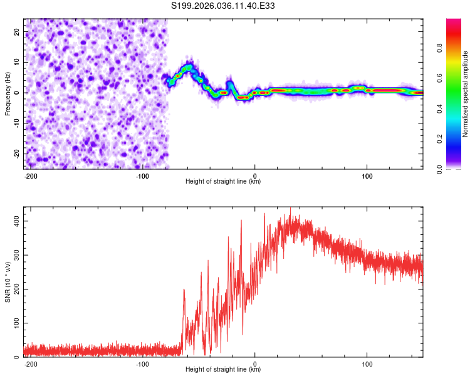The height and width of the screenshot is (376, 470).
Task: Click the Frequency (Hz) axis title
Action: (x=8, y=93)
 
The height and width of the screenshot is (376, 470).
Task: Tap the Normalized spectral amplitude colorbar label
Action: (x=465, y=94)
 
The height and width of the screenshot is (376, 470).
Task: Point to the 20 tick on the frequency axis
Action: (x=17, y=31)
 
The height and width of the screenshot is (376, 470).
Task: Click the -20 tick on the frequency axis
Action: (x=16, y=154)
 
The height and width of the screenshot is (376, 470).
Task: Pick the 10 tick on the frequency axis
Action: (x=17, y=62)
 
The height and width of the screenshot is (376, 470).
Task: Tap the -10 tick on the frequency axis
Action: (x=16, y=123)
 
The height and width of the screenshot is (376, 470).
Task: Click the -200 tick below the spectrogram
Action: (x=30, y=175)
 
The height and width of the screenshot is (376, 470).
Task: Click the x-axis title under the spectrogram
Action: (x=223, y=182)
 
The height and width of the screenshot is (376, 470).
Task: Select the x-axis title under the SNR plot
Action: (x=223, y=370)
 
